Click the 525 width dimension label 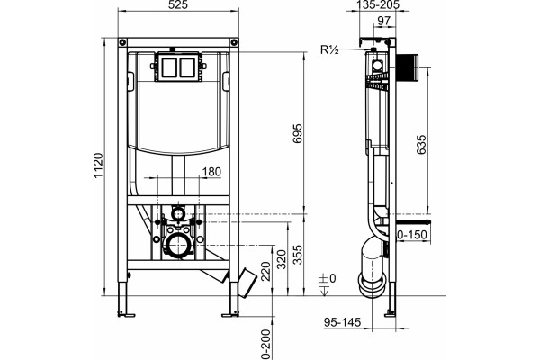[x=178, y=5]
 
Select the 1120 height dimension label [x=98, y=166]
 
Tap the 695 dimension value [x=297, y=133]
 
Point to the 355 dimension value [x=297, y=255]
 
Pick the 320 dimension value [x=282, y=259]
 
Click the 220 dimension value [x=265, y=271]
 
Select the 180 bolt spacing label [x=211, y=172]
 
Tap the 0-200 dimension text [x=265, y=345]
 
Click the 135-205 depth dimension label [x=377, y=4]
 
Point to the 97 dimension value [x=384, y=21]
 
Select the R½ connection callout [x=329, y=50]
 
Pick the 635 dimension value [x=421, y=145]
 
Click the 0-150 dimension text [x=412, y=235]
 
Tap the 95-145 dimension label [x=342, y=322]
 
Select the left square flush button [x=168, y=67]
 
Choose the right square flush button [x=187, y=67]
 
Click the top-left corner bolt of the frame [x=123, y=42]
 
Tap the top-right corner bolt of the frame [x=234, y=42]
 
